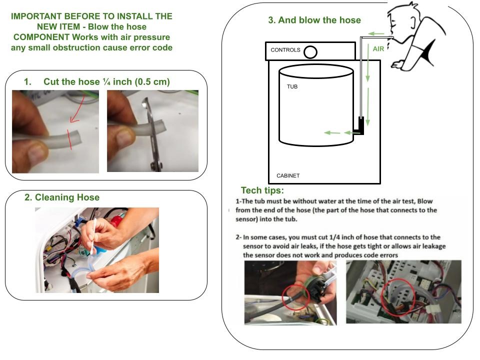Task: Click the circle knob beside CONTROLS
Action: pyautogui.click(x=310, y=51)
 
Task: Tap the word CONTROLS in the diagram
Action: pyautogui.click(x=285, y=50)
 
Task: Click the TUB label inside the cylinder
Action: pyautogui.click(x=292, y=86)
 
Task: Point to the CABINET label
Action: pyautogui.click(x=288, y=176)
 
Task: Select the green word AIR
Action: pyautogui.click(x=378, y=49)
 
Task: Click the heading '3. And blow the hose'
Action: pyautogui.click(x=314, y=20)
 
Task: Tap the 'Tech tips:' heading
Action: pyautogui.click(x=262, y=190)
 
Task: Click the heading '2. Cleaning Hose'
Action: pyautogui.click(x=62, y=197)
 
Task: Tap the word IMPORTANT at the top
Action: pyautogui.click(x=39, y=16)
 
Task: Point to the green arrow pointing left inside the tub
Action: pyautogui.click(x=332, y=132)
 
